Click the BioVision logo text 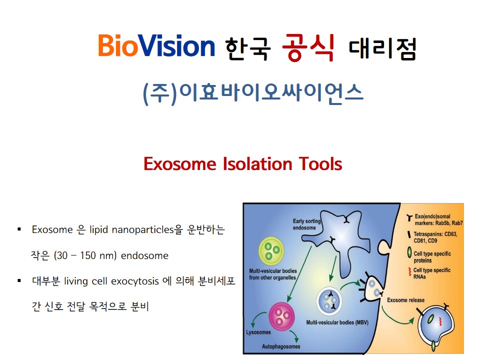156,46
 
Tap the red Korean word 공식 308,47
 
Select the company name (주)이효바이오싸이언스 253,93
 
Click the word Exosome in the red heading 180,164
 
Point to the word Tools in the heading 320,164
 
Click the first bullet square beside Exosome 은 19,229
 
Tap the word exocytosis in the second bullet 135,281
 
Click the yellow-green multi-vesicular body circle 271,250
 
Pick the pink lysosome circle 281,316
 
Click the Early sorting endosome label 306,224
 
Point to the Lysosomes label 258,332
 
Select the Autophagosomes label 281,346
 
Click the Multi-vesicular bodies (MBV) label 337,322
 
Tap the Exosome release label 405,300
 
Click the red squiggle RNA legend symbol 409,272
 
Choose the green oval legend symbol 409,253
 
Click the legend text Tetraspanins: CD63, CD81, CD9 435,237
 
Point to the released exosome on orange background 435,325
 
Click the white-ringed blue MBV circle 329,301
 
